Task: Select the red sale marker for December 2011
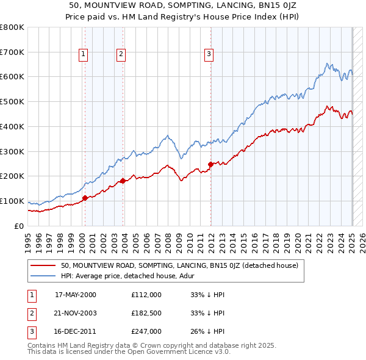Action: [210, 164]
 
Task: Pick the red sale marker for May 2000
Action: [85, 198]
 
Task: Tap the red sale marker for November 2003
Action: [123, 180]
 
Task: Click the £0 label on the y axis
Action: [20, 226]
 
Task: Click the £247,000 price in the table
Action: [146, 331]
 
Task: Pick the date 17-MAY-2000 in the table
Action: [76, 295]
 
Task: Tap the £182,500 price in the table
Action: [146, 313]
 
